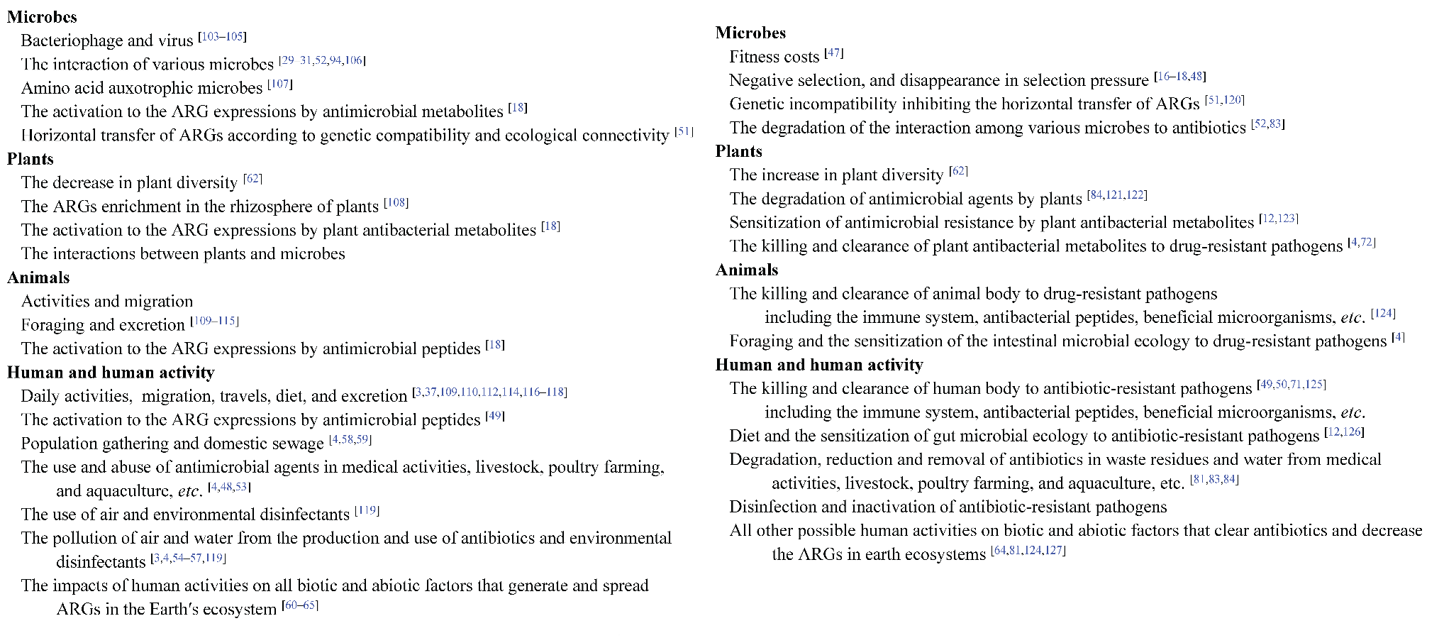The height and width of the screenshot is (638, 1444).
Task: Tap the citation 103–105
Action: tap(223, 36)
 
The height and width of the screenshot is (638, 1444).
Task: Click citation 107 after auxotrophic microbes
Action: tap(280, 84)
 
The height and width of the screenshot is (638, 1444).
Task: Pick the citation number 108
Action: tap(396, 202)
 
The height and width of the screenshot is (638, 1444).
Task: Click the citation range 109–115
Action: tap(215, 321)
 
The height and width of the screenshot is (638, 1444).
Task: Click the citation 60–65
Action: tap(300, 605)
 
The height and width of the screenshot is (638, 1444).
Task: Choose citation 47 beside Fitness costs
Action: tap(834, 53)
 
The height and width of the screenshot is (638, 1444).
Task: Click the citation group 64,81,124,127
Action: tap(1028, 550)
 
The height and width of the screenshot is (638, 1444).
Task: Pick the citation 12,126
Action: tap(1344, 431)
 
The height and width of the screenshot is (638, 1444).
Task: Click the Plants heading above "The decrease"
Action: tap(30, 159)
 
